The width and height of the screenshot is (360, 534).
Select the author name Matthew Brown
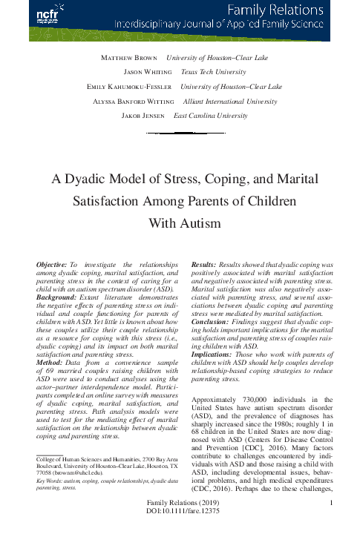pos(127,57)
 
